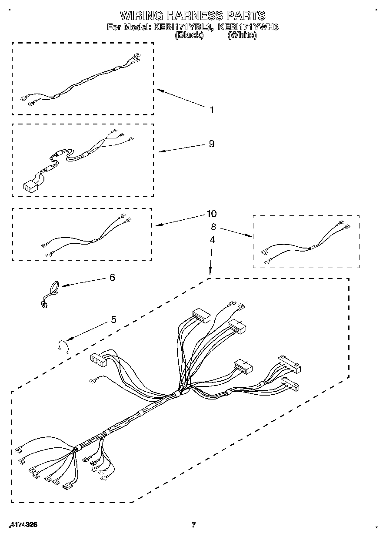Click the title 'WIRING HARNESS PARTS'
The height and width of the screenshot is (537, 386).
(193, 16)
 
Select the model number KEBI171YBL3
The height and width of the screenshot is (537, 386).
(183, 27)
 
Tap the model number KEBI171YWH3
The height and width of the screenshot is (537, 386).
(248, 27)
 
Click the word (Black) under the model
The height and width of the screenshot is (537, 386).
(189, 35)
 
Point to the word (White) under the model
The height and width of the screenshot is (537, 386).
(242, 35)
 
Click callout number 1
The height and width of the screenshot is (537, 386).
(212, 110)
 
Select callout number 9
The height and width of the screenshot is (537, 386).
(212, 144)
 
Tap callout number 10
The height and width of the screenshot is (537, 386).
(212, 214)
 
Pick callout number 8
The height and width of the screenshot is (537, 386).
(213, 226)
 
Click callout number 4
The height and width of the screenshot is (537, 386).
(212, 239)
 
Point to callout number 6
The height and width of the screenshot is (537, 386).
(112, 277)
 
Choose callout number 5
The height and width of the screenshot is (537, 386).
(113, 320)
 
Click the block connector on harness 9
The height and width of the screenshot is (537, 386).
(30, 187)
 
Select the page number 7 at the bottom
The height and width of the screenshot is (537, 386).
(194, 525)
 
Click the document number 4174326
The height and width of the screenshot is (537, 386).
(23, 525)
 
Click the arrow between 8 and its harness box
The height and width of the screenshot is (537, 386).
(235, 232)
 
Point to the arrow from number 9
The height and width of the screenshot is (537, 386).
(180, 148)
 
